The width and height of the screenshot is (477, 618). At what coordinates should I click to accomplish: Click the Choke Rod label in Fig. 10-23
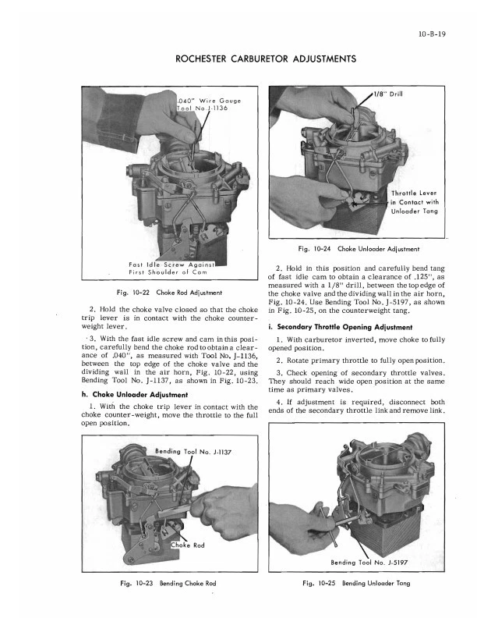187,545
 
